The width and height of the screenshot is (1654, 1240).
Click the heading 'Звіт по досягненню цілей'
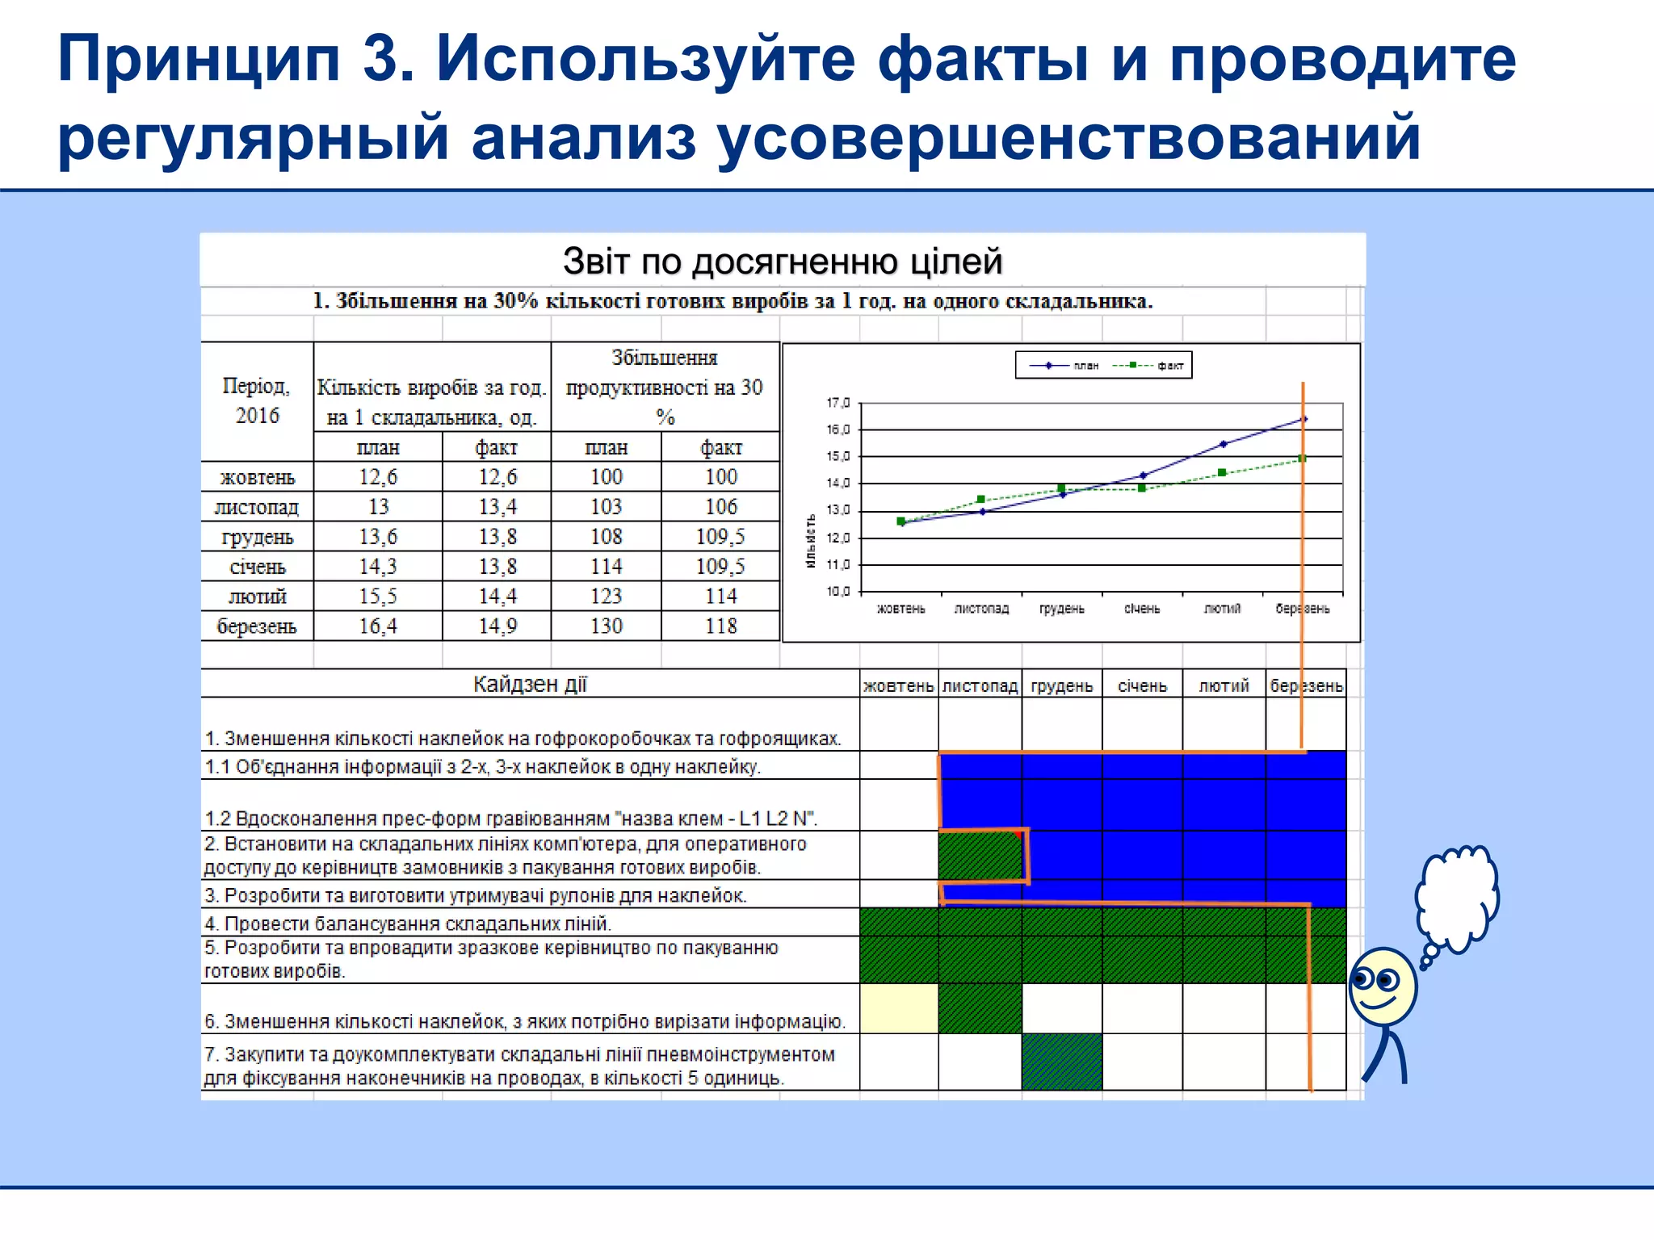(782, 262)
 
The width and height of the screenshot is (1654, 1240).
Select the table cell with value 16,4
(378, 626)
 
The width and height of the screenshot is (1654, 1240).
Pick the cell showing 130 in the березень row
(606, 626)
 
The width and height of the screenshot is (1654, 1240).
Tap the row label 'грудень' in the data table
(257, 537)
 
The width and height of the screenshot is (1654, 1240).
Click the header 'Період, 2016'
(257, 400)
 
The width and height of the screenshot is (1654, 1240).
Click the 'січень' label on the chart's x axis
(1141, 609)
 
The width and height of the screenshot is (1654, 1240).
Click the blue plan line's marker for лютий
(1223, 444)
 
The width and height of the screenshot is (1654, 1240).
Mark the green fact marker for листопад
(980, 500)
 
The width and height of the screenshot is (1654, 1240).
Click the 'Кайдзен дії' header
(530, 685)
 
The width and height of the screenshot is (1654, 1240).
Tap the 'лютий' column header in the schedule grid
(1224, 686)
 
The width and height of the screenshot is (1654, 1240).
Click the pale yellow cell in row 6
(899, 1008)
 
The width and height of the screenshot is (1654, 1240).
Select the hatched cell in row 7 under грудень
(1061, 1062)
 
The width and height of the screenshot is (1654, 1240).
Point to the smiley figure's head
(1382, 987)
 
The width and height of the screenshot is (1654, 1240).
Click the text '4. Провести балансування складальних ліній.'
(408, 924)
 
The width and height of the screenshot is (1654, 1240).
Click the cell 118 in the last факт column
(720, 626)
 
